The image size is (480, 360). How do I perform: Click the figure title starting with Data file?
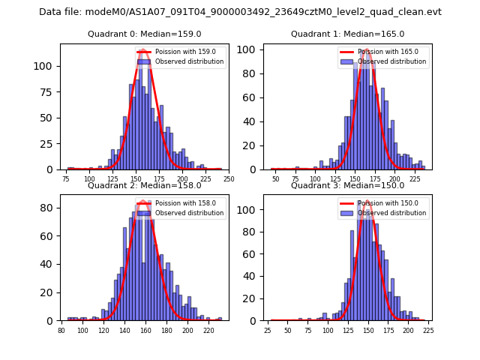coord(240,12)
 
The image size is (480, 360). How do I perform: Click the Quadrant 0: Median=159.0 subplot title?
coord(145,34)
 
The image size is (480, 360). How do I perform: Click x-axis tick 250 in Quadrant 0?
coord(229,179)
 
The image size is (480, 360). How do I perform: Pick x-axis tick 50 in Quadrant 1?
coord(276,179)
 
